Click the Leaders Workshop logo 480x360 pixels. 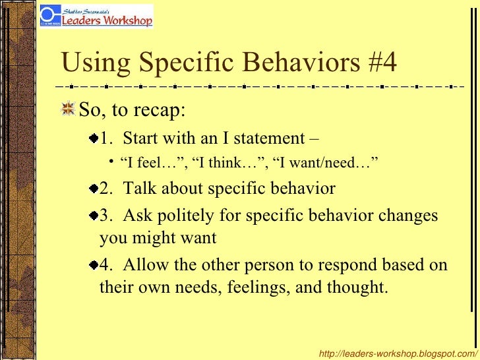click(96, 16)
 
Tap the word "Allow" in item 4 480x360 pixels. click(146, 265)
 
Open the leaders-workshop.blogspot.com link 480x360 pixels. click(398, 354)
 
